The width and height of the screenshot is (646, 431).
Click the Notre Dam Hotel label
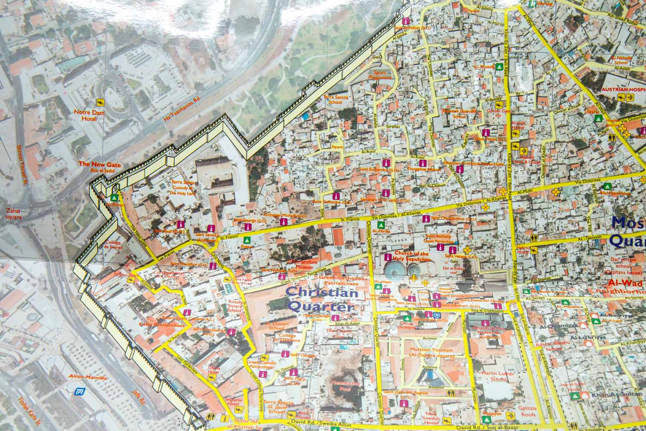87,116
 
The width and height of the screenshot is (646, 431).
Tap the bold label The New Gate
99,165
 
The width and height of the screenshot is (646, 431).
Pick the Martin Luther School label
499,376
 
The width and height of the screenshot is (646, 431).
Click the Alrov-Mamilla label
88,377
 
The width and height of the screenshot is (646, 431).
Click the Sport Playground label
379,75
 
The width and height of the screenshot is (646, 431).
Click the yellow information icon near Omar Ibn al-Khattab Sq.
224,418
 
